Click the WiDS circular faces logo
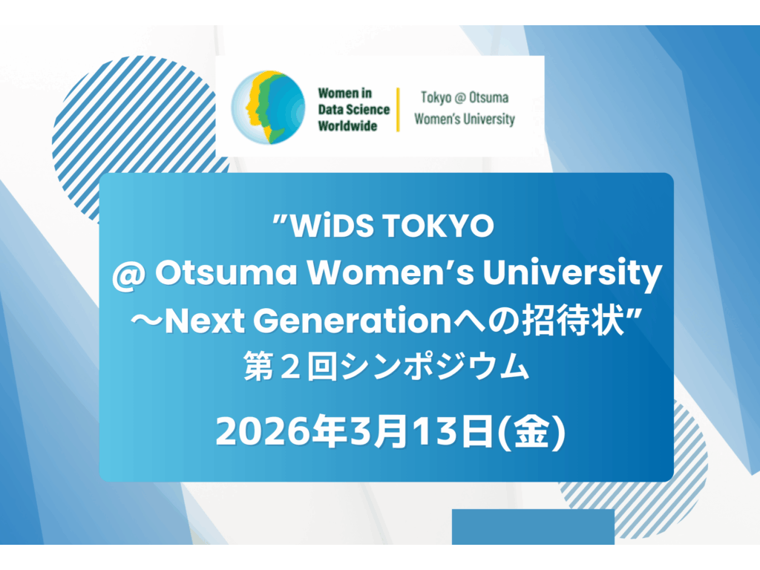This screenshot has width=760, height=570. [268, 107]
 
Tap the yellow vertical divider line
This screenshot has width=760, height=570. [399, 109]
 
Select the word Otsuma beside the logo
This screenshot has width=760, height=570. [491, 97]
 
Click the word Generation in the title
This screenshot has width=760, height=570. [362, 321]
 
